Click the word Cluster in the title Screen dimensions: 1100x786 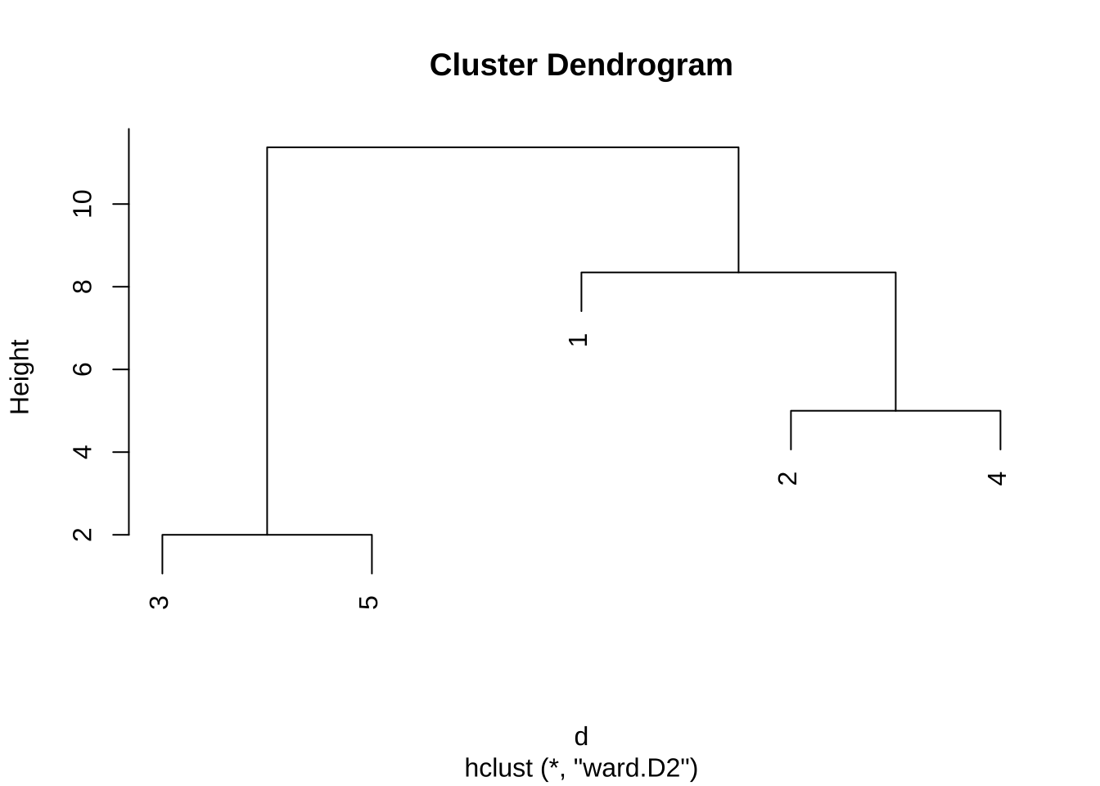pos(483,65)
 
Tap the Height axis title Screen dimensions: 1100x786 pos(20,377)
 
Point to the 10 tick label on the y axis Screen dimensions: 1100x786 pos(82,204)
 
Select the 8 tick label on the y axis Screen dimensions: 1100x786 pos(82,287)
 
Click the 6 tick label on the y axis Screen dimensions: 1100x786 pos(82,369)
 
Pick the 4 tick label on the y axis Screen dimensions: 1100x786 pos(82,452)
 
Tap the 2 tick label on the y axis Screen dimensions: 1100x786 pos(82,535)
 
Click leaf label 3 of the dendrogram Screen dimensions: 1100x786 pos(159,603)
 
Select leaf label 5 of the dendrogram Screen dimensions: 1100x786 pos(368,603)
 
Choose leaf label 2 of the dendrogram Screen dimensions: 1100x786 pos(787,478)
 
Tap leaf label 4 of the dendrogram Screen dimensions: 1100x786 pos(997,478)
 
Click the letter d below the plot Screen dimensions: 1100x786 pos(581,736)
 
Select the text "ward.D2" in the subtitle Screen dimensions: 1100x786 pos(634,767)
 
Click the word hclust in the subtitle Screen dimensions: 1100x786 pos(498,768)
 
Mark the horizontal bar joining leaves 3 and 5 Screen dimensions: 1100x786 pos(267,535)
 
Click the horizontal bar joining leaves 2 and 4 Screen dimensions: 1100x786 pos(895,411)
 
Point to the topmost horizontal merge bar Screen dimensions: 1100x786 pos(503,147)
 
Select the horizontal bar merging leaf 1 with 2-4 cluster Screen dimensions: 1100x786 pos(738,272)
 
